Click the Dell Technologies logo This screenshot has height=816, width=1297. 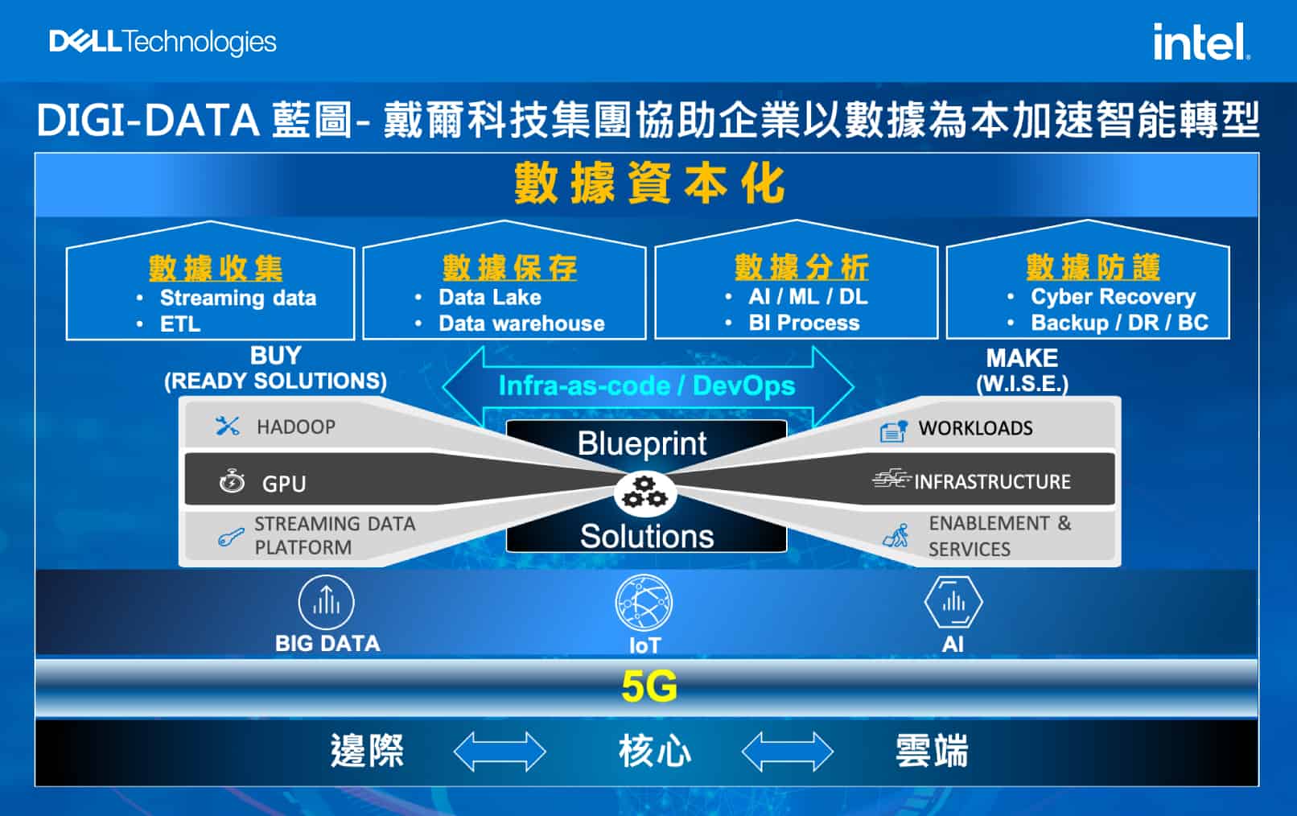click(x=163, y=42)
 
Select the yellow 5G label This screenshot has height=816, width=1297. click(x=649, y=687)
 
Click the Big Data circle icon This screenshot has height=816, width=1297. click(x=326, y=602)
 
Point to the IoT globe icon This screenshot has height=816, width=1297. click(x=644, y=603)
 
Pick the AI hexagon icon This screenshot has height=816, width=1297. click(x=953, y=602)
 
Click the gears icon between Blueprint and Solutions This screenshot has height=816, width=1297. click(x=644, y=492)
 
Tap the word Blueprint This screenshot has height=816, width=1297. click(x=642, y=443)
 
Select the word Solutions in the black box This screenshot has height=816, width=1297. click(x=647, y=536)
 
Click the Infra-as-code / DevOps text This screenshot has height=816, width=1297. click(x=647, y=385)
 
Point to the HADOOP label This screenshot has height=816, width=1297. click(x=296, y=427)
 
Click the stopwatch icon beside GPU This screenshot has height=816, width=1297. click(x=232, y=481)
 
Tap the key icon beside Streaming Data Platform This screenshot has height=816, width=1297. click(x=230, y=538)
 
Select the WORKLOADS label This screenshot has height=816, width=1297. click(x=976, y=428)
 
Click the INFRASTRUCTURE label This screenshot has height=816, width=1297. click(x=992, y=482)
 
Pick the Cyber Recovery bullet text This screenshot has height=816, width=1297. click(x=1113, y=296)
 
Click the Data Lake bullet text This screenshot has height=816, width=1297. click(x=490, y=297)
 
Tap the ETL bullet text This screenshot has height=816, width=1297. click(x=180, y=324)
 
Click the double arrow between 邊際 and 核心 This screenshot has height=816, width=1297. click(x=500, y=751)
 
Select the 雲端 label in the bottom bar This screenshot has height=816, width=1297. click(x=932, y=751)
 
